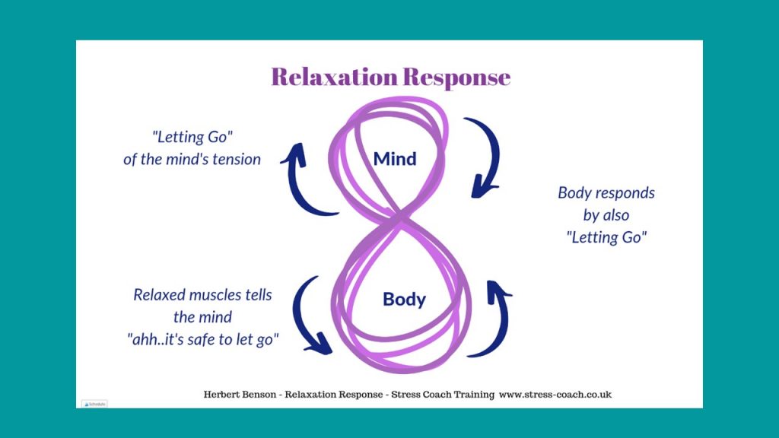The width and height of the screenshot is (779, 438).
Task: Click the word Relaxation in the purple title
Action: tap(335, 77)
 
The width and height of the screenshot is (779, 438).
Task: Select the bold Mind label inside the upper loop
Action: tap(395, 159)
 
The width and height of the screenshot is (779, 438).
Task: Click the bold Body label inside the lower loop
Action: tap(404, 300)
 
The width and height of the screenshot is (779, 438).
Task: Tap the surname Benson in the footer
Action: tap(258, 395)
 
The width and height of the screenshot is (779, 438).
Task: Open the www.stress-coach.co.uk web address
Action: tap(555, 395)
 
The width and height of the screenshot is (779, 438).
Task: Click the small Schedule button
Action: tap(94, 405)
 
